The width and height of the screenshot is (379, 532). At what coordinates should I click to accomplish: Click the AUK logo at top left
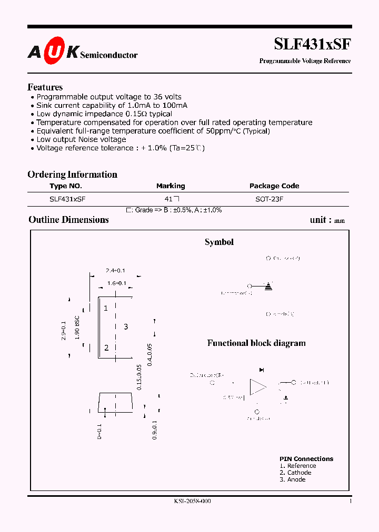click(x=53, y=52)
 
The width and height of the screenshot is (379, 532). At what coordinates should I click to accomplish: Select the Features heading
click(x=45, y=87)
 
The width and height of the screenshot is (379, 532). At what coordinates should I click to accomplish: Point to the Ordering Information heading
click(x=72, y=175)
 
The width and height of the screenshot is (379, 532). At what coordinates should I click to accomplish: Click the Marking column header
click(x=171, y=186)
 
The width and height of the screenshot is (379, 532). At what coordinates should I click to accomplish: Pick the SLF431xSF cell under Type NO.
click(x=67, y=200)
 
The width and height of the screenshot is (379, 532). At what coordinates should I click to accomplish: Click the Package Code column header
click(x=274, y=186)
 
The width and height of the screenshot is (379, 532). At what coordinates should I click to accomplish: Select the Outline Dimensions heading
click(x=68, y=220)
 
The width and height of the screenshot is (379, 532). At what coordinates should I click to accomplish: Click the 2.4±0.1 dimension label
click(x=115, y=270)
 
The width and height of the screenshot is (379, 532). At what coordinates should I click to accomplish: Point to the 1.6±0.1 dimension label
click(x=116, y=283)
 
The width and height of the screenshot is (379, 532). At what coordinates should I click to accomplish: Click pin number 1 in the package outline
click(x=106, y=308)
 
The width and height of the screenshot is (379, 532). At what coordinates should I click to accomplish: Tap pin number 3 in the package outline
click(x=126, y=327)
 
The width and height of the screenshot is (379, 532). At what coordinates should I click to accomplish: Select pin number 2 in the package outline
click(x=106, y=347)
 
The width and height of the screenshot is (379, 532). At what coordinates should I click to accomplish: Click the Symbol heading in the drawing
click(x=219, y=242)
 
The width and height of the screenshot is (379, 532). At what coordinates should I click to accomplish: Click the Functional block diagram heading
click(x=256, y=343)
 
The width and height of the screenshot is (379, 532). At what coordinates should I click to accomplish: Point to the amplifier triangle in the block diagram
click(x=257, y=387)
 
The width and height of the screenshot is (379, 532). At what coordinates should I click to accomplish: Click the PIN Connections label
click(x=306, y=459)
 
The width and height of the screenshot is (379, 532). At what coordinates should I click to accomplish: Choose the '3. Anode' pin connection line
click(x=293, y=479)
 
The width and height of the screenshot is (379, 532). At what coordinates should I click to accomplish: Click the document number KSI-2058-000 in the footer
click(x=192, y=502)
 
